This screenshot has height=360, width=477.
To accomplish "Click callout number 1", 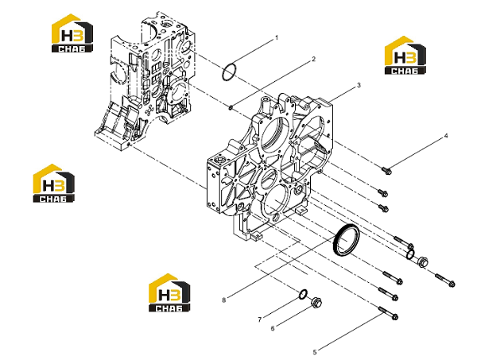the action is pyautogui.click(x=277, y=38).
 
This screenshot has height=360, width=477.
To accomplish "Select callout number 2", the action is pyautogui.click(x=314, y=59).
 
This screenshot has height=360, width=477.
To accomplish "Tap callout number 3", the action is pyautogui.click(x=359, y=85).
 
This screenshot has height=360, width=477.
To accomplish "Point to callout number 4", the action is pyautogui.click(x=446, y=136).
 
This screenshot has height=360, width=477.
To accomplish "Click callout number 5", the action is pyautogui.click(x=315, y=352).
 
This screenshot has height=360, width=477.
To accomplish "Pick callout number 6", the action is pyautogui.click(x=273, y=328).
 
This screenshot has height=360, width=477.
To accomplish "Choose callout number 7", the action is pyautogui.click(x=259, y=319).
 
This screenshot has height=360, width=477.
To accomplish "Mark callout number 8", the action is pyautogui.click(x=224, y=300).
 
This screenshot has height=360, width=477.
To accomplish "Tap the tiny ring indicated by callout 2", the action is pyautogui.click(x=231, y=107).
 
